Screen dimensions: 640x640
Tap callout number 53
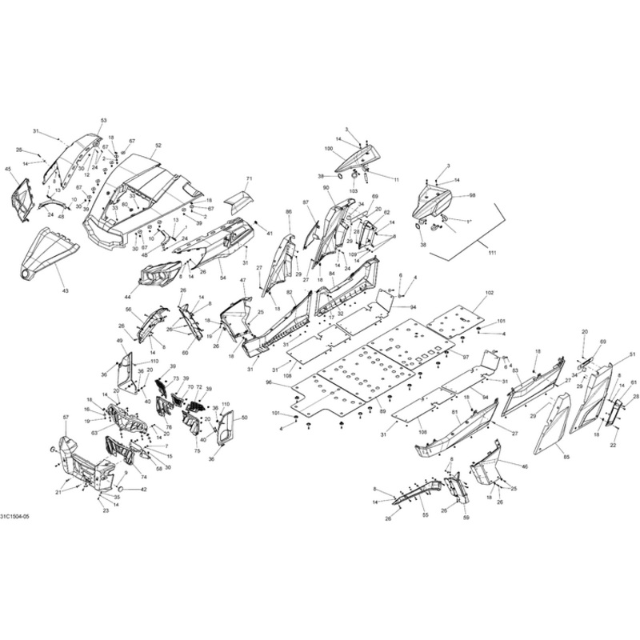tap(103, 120)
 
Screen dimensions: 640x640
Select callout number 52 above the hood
tap(158, 146)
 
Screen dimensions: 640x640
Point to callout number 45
tap(8, 170)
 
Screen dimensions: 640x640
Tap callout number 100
tap(328, 150)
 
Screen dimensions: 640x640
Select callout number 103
tap(353, 193)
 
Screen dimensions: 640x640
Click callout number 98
tap(472, 195)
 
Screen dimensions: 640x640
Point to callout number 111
tap(492, 253)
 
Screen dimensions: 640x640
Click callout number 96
tap(270, 383)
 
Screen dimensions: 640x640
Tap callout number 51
tap(632, 354)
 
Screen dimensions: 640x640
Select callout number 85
tap(567, 457)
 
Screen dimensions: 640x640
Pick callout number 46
tap(525, 466)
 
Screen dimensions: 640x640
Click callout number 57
tap(66, 418)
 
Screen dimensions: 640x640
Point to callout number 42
tap(143, 490)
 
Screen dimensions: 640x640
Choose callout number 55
tap(425, 515)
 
